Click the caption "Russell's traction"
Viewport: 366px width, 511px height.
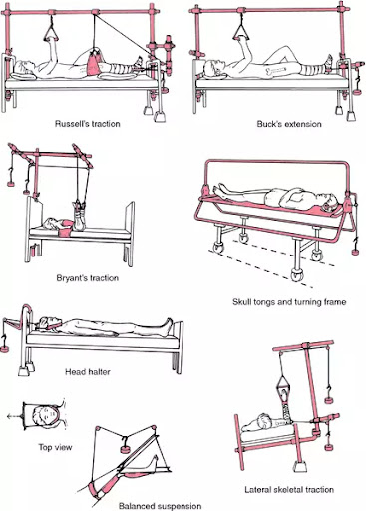pyautogui.click(x=88, y=124)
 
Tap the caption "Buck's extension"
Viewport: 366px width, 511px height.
pyautogui.click(x=289, y=124)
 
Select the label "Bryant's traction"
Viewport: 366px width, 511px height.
pyautogui.click(x=88, y=278)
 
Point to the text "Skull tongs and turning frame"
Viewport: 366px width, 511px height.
pyautogui.click(x=289, y=302)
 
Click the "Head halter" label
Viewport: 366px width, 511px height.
pyautogui.click(x=88, y=371)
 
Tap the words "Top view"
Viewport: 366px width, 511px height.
pyautogui.click(x=55, y=447)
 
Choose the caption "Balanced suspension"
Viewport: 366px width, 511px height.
pyautogui.click(x=161, y=506)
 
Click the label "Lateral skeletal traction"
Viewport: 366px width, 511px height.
pyautogui.click(x=289, y=490)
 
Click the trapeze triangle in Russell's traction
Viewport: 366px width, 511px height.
pyautogui.click(x=51, y=33)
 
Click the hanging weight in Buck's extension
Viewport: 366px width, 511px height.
pyautogui.click(x=357, y=92)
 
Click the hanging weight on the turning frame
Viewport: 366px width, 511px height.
pyautogui.click(x=356, y=252)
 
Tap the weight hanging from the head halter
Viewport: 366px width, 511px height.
pyautogui.click(x=6, y=349)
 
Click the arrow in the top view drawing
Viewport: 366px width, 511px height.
pyautogui.click(x=15, y=416)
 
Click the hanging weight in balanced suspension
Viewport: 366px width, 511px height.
pyautogui.click(x=125, y=449)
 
